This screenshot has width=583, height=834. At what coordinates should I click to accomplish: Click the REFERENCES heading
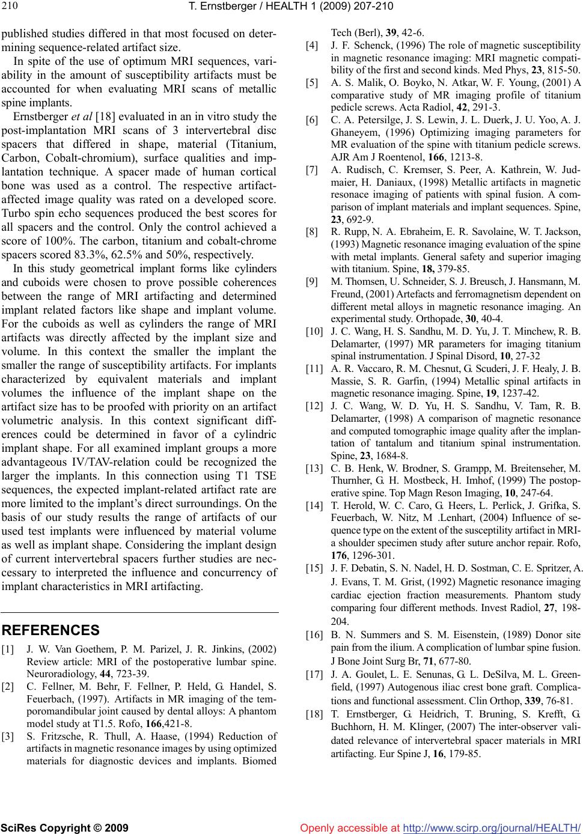pyautogui.click(x=51, y=630)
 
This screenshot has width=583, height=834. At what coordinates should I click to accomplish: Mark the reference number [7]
pyautogui.click(x=312, y=171)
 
